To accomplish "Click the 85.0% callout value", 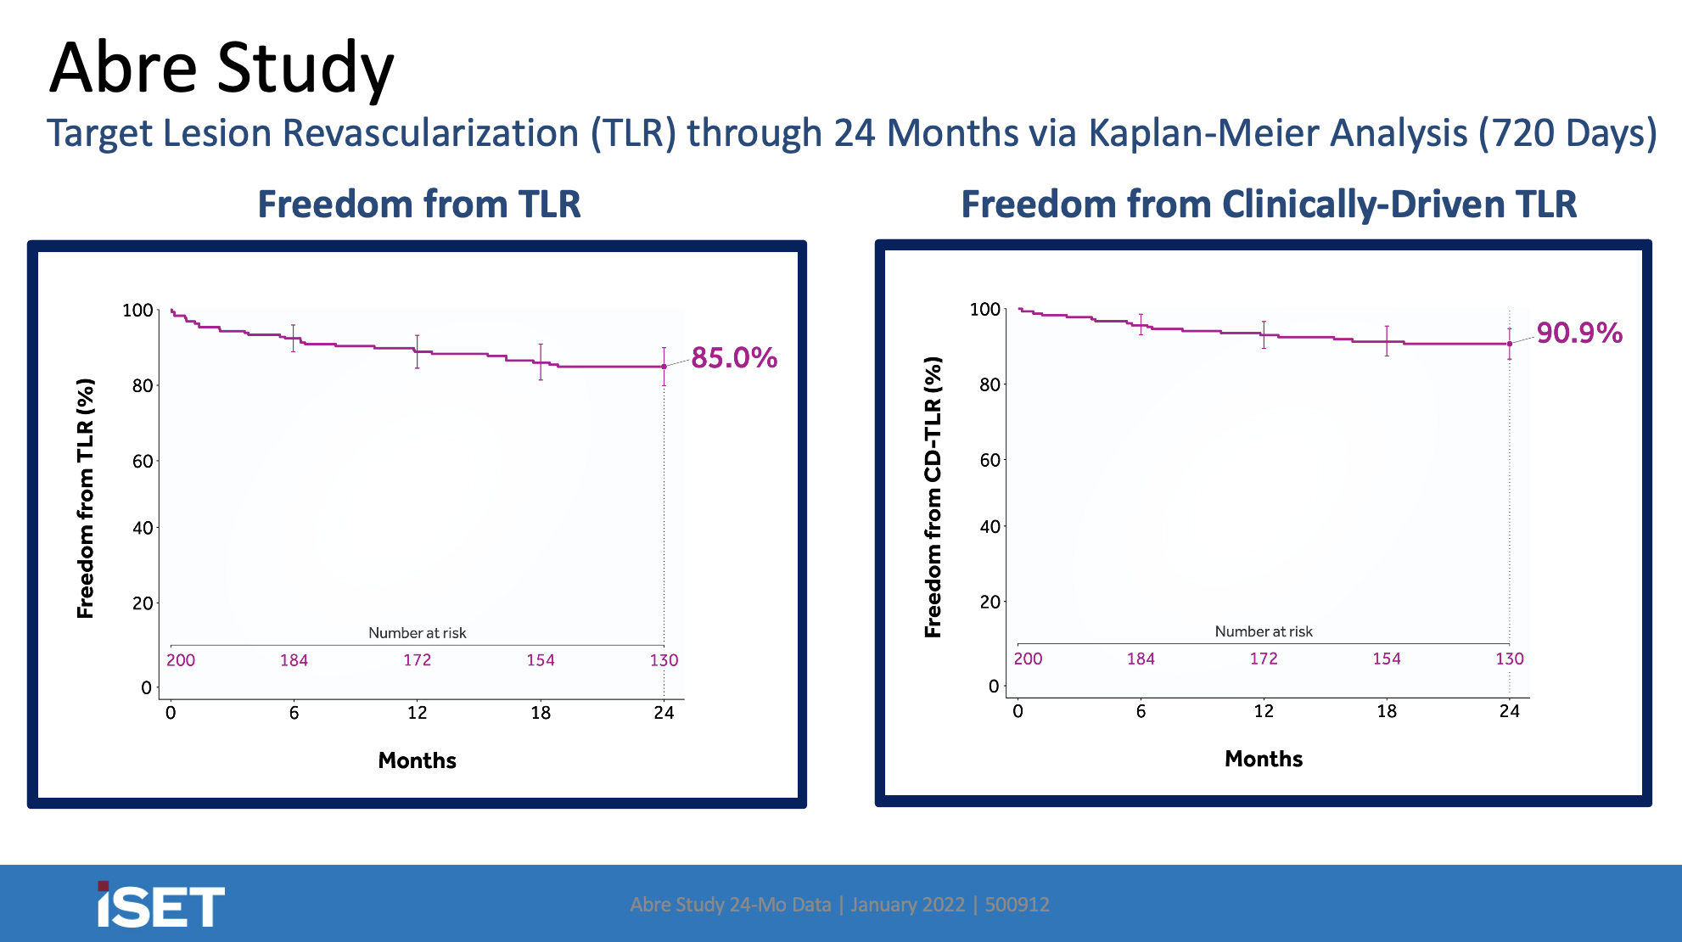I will (x=734, y=358).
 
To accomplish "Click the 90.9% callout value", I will (x=1579, y=333).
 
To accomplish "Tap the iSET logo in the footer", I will (x=161, y=905).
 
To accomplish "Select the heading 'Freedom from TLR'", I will (x=419, y=205).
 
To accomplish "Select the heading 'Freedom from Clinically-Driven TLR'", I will (x=1269, y=205).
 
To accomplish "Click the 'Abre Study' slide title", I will (x=221, y=68).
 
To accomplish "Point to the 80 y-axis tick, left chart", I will (x=143, y=386).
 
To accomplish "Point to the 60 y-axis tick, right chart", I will (x=990, y=460).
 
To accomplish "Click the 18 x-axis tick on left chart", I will (x=541, y=713).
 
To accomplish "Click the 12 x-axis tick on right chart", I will (x=1264, y=711).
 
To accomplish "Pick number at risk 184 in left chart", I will (x=294, y=660).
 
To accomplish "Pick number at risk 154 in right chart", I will (x=1387, y=659).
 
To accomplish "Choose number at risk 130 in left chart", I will (x=664, y=660).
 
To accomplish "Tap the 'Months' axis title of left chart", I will (x=417, y=760).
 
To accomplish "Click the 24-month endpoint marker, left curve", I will (x=664, y=367).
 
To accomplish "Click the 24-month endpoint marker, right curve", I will (x=1510, y=344).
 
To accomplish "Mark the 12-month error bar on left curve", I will (x=417, y=351).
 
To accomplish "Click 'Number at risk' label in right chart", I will (x=1264, y=631).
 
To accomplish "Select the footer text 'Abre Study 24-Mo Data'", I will (x=731, y=905).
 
